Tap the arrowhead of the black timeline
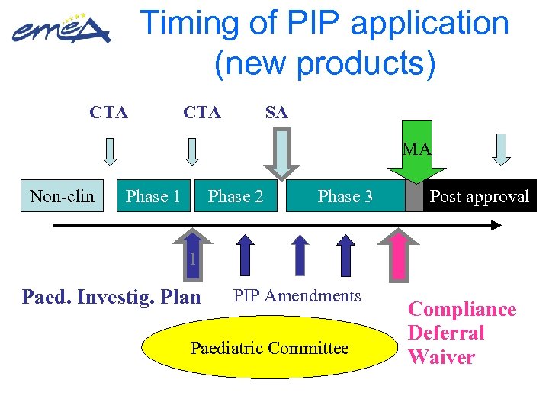coord(496,225)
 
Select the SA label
coord(276,113)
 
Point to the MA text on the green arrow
coord(416,150)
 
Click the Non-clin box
coord(62,196)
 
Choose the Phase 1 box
coord(152,196)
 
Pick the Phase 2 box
coord(236,196)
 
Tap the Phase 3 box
coord(345,196)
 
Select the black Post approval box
coord(479,196)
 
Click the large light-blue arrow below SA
coord(282,156)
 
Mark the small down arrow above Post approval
coord(501,150)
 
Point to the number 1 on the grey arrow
coord(193,260)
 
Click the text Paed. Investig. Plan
coord(111,297)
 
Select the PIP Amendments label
coord(297,295)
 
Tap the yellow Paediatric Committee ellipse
coord(269,348)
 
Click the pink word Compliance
coord(462,309)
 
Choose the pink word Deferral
coord(446,333)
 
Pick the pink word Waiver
coord(441,357)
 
